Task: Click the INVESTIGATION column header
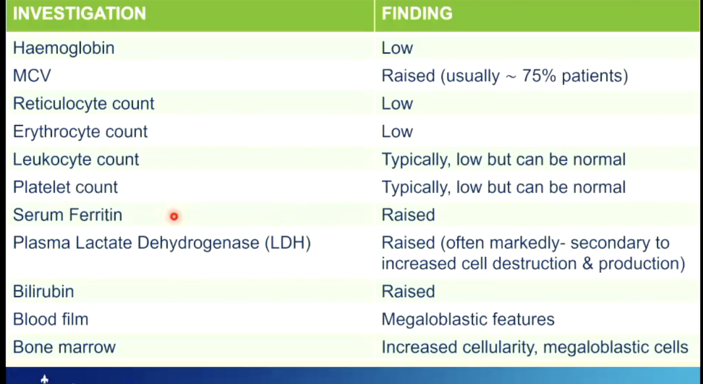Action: click(79, 14)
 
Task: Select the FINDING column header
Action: click(417, 14)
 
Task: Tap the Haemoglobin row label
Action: click(64, 48)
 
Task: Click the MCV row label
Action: click(32, 76)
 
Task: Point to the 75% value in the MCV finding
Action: click(539, 76)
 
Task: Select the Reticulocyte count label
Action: click(84, 104)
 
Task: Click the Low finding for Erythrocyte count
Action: click(397, 131)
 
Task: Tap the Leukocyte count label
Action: click(76, 159)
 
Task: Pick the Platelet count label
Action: click(65, 187)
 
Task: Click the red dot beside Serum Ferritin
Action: click(174, 216)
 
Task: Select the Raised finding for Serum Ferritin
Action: click(408, 215)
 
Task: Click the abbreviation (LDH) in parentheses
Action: click(288, 243)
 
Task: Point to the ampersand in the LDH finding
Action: click(588, 263)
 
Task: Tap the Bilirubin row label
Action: click(44, 291)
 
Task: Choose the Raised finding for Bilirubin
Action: click(408, 291)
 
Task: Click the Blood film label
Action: click(50, 319)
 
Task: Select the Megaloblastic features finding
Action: click(468, 319)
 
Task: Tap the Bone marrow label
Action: click(65, 347)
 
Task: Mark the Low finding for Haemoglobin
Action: click(397, 48)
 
